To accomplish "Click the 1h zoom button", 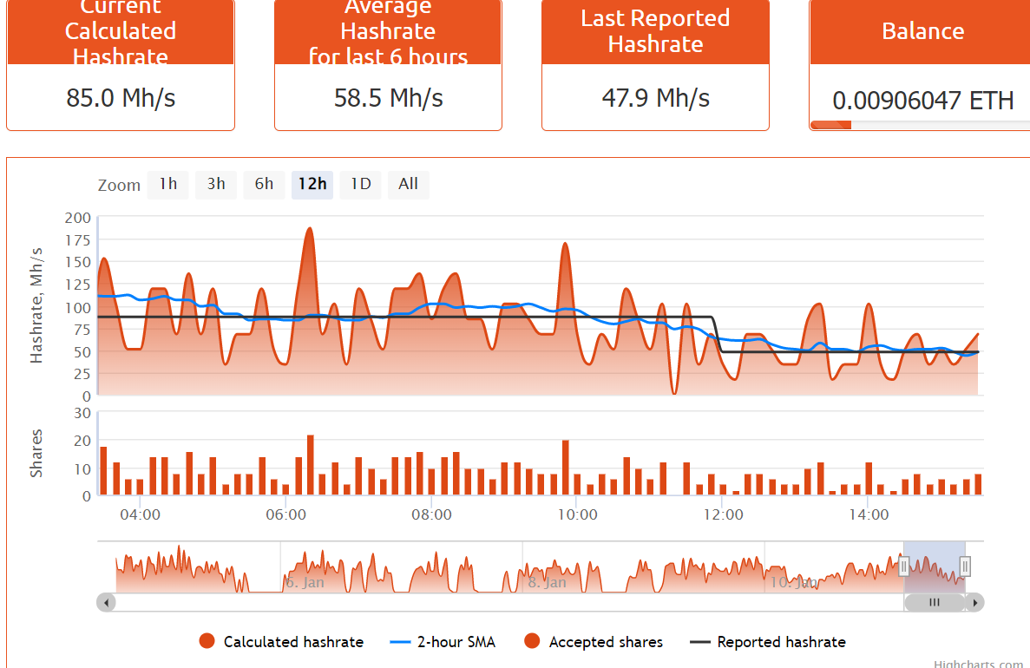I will [x=168, y=184].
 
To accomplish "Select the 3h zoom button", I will [x=216, y=184].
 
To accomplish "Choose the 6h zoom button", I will [x=264, y=184].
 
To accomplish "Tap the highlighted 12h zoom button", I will [x=312, y=184].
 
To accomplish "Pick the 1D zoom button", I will [x=360, y=184].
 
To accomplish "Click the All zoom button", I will [x=408, y=184].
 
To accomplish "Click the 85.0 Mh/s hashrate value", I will [x=121, y=97].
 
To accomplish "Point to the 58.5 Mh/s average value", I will [x=388, y=97].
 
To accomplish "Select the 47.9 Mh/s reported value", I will [x=655, y=97].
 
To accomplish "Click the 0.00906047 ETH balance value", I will [x=922, y=101].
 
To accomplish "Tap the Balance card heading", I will [x=922, y=31].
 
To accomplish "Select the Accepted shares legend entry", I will [x=606, y=642].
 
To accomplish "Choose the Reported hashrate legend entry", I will [x=781, y=642].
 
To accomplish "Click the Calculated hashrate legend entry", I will [x=293, y=642].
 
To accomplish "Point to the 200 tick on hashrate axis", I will [x=77, y=217].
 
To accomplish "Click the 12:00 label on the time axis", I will [x=723, y=514].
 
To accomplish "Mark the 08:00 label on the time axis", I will [x=431, y=514].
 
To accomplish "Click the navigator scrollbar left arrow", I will [x=106, y=602].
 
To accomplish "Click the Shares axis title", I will [x=36, y=453].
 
